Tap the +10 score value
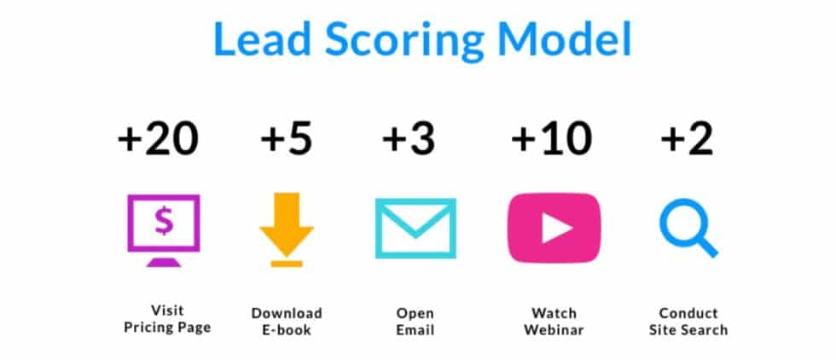coord(551,137)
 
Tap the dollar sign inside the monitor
coord(163,221)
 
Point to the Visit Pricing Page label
coord(167,320)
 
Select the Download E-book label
coord(287,320)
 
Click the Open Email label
coord(415,320)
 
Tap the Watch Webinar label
coord(554,320)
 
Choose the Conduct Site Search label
coord(688,320)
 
